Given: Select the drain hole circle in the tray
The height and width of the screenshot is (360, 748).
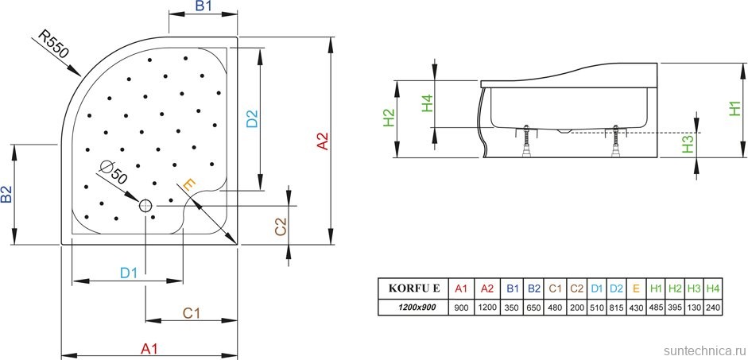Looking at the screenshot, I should click(x=145, y=206).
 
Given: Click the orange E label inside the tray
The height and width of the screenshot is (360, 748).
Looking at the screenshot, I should click(x=188, y=184).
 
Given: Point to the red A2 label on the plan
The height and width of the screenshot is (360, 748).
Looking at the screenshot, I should click(x=322, y=141).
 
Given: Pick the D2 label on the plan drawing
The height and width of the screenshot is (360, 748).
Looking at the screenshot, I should click(x=252, y=118).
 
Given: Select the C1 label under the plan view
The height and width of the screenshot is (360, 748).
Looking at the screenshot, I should click(x=191, y=313).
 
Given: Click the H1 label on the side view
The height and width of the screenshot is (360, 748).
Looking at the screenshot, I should click(x=735, y=109).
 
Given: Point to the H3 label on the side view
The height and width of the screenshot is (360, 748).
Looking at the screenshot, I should click(x=688, y=144).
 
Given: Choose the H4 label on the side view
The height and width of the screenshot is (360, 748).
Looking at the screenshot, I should click(x=427, y=103).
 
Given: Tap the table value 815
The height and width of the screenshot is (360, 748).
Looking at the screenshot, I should click(x=615, y=307).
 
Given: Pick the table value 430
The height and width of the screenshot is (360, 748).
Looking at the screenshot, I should click(x=635, y=307).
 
